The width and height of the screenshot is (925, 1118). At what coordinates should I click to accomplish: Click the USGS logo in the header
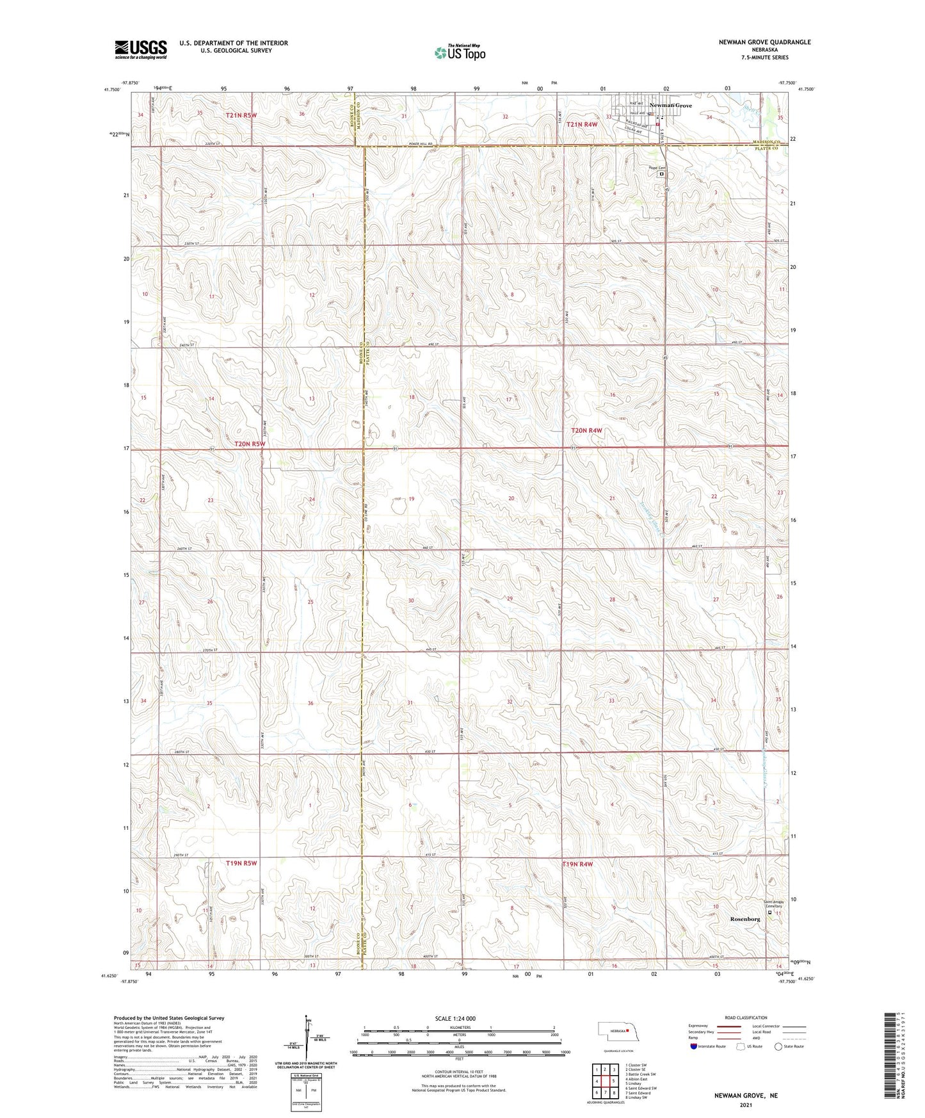click(140, 49)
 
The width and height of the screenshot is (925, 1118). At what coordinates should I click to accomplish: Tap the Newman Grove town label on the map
click(670, 105)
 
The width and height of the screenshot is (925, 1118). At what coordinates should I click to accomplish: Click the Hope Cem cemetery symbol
click(661, 174)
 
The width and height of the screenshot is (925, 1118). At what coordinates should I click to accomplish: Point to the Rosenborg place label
click(745, 918)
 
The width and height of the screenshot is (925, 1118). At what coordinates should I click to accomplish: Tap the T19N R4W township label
click(577, 864)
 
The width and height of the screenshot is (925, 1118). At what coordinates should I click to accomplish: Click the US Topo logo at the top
click(460, 53)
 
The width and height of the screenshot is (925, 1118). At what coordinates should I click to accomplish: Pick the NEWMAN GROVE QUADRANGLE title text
click(764, 42)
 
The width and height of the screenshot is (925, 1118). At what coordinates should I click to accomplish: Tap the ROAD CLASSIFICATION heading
click(746, 1017)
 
